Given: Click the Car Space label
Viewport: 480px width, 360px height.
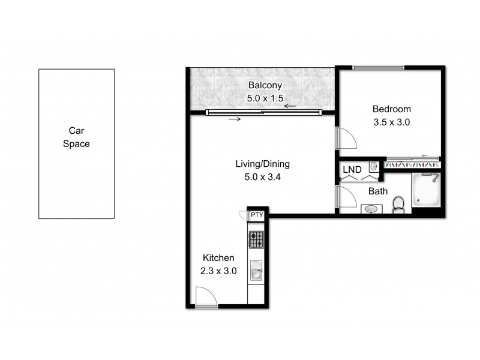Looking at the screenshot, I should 76,137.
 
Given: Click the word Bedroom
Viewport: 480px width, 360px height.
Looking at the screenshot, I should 391,109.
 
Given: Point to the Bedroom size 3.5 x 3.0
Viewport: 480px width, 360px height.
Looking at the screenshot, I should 391,122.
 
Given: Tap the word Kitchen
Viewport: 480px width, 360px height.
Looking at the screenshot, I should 218,258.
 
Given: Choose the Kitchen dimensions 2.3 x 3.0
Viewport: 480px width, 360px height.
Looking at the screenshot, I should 218,271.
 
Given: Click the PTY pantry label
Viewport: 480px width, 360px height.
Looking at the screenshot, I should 256,215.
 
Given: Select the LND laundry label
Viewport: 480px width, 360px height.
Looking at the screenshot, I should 352,170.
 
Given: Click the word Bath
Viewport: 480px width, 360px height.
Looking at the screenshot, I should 377,191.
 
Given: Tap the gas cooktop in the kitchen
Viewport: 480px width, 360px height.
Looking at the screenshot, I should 256,240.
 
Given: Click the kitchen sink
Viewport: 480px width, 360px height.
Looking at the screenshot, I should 256,274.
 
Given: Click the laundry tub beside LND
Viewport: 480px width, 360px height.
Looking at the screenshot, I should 373,166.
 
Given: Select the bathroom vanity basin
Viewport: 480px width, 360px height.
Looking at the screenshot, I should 372,209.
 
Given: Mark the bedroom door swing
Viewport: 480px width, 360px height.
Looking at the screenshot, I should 346,139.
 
